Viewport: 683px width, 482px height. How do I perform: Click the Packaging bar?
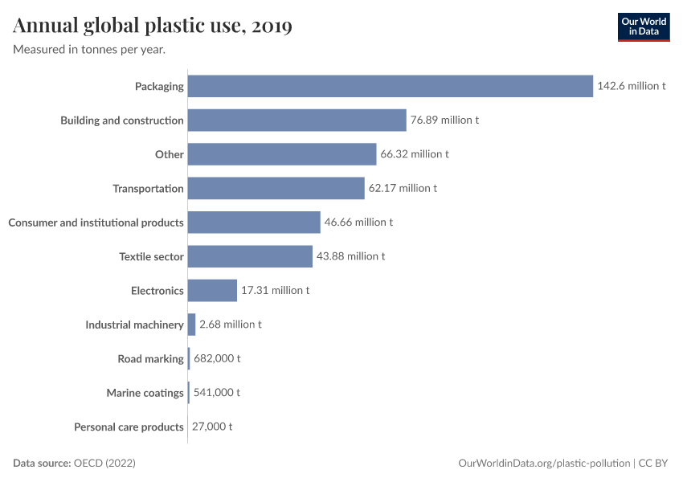(x=390, y=86)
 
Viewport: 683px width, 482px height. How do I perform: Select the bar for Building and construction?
(x=297, y=120)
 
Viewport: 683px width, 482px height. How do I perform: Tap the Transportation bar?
(x=276, y=189)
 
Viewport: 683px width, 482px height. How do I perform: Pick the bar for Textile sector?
(x=250, y=256)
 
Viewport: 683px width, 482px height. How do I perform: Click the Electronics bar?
(x=212, y=291)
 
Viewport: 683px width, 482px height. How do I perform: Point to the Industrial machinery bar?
(x=191, y=325)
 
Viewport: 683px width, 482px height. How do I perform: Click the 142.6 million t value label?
(x=631, y=86)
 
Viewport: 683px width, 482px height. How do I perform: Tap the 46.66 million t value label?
(x=358, y=223)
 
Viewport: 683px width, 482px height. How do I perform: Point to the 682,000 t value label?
(x=217, y=359)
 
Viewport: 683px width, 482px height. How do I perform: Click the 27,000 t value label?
(x=213, y=427)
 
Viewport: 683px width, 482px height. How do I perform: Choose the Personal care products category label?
(x=129, y=427)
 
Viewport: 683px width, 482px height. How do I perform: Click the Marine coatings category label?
(x=145, y=393)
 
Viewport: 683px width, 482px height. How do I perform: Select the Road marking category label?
(x=150, y=359)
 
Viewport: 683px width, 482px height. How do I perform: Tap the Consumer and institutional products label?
(x=96, y=223)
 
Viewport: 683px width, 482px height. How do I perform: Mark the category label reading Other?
(x=170, y=154)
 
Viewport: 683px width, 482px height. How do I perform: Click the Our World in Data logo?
(x=643, y=27)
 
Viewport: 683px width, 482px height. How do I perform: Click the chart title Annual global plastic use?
(x=153, y=26)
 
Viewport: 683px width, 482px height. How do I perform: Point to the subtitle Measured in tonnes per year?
(x=89, y=49)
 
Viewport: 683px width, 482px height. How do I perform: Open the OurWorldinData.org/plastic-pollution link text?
(x=544, y=464)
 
